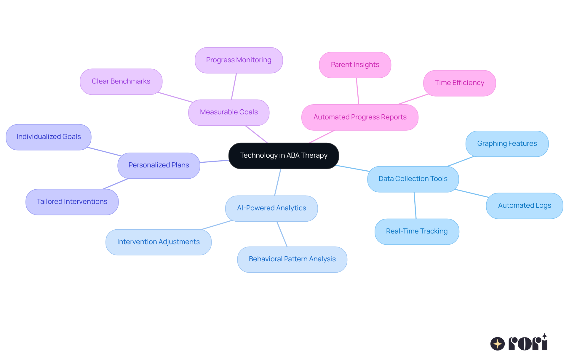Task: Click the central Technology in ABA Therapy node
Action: pos(284,156)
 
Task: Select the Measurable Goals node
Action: pos(229,112)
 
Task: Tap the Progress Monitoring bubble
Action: pos(239,60)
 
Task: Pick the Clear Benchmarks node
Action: pos(121,81)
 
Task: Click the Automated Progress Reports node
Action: pos(360,117)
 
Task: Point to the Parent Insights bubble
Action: pos(355,65)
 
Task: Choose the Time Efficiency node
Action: pos(459,83)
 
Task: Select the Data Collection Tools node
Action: pos(413,179)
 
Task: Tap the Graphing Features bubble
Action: pos(507,144)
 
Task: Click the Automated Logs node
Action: pos(524,206)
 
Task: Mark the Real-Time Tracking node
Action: pos(417,231)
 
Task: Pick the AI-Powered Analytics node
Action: pos(271,208)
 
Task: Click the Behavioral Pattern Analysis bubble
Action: pos(292,259)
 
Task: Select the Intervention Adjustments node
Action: pos(158,242)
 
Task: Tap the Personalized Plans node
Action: pos(159,165)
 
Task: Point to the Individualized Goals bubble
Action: pos(49,137)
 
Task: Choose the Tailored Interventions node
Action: pos(72,202)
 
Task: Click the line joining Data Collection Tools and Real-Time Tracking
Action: pos(415,205)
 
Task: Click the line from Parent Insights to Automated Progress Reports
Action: pos(357,91)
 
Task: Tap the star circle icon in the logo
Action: pos(497,344)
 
